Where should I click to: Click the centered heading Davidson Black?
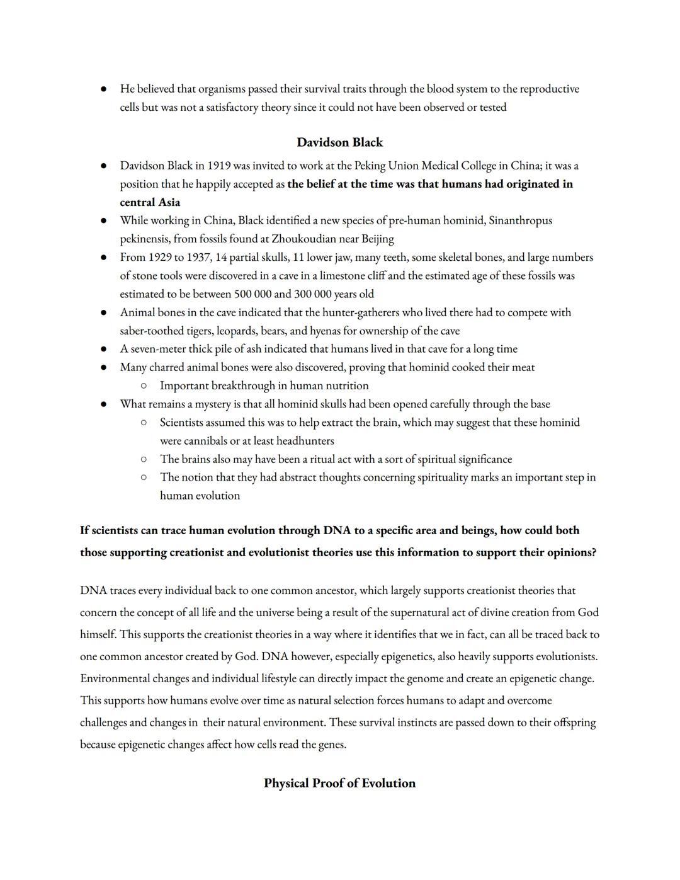coord(339,142)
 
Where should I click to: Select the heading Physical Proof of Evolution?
coord(339,783)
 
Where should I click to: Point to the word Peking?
coord(370,166)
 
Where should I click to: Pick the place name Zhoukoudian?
coord(304,239)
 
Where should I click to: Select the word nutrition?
coord(345,386)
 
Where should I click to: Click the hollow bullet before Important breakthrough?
coord(144,386)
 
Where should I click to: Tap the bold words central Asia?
coord(150,202)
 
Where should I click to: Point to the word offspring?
coord(569,723)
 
